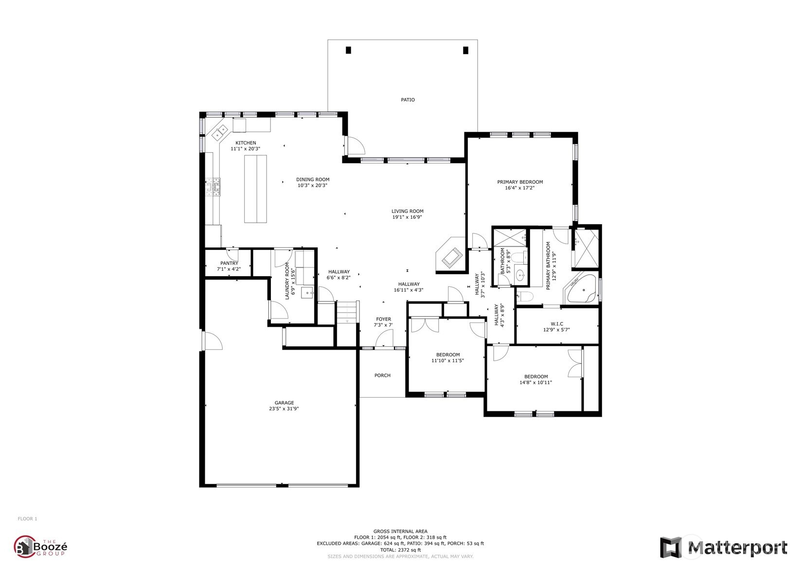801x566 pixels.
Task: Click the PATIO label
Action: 408,100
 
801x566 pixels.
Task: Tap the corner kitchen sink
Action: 220,132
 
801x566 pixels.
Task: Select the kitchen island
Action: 255,189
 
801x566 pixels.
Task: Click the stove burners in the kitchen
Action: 213,187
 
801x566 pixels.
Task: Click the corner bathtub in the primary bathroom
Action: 580,288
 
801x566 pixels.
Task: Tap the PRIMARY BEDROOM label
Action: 520,182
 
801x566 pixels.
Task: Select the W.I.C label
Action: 557,324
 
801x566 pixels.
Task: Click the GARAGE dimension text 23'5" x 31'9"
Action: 284,408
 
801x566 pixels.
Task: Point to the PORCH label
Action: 382,375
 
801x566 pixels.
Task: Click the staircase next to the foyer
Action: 347,312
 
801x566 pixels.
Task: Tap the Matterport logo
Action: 723,548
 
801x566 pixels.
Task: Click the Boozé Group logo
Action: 40,547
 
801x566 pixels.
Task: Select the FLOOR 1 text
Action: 28,519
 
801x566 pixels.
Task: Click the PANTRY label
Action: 229,263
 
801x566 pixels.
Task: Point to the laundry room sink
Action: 307,292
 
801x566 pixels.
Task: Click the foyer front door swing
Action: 384,338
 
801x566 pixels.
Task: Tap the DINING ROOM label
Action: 313,179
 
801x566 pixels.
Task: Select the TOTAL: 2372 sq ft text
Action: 400,550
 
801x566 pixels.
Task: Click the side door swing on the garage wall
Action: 213,341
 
